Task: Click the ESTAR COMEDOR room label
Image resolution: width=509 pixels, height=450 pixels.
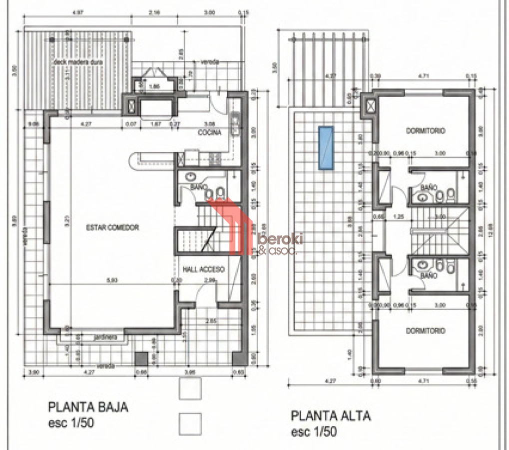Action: coord(112,227)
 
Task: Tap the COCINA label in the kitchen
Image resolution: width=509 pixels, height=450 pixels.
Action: coord(210,133)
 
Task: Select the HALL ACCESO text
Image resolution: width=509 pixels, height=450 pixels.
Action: coord(203,269)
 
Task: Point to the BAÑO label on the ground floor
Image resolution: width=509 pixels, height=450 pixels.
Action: coord(198,186)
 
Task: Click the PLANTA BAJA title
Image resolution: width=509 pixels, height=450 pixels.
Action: coord(88,407)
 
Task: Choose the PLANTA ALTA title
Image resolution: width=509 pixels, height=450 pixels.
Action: coord(331,416)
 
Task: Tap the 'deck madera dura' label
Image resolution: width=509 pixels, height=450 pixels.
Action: coord(77,62)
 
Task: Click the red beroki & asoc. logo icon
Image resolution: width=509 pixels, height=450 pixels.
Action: coord(227,225)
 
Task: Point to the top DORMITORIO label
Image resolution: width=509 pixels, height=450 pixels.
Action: coord(425,131)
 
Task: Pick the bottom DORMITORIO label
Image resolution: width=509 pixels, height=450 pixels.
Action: coord(425,331)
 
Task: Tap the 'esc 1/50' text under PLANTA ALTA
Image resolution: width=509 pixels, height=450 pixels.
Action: coord(314,431)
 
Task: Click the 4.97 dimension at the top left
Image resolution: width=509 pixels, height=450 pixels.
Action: coord(77,11)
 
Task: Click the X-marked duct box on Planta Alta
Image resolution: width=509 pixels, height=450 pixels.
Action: coord(372,106)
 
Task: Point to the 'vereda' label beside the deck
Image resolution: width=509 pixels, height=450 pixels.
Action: coord(210,62)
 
